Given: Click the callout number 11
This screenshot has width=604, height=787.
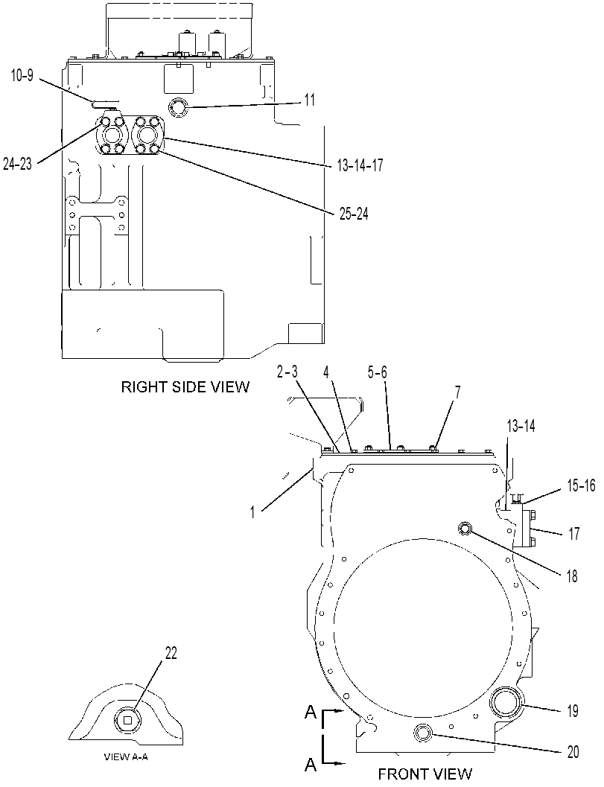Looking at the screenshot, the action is coord(310,100).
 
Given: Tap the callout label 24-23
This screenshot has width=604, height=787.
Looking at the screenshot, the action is coord(17,164).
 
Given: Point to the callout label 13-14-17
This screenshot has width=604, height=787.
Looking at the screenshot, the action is coord(360,165).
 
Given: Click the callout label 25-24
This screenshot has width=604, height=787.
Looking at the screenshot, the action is coord(353,214).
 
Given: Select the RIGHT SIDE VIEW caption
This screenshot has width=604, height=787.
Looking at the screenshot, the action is coord(185,387).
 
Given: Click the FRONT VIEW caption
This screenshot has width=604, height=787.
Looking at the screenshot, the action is coord(425,774).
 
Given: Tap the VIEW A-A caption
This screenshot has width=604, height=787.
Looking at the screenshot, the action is coord(126,757).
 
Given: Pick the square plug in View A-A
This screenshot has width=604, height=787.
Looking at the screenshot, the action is coord(127,721).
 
